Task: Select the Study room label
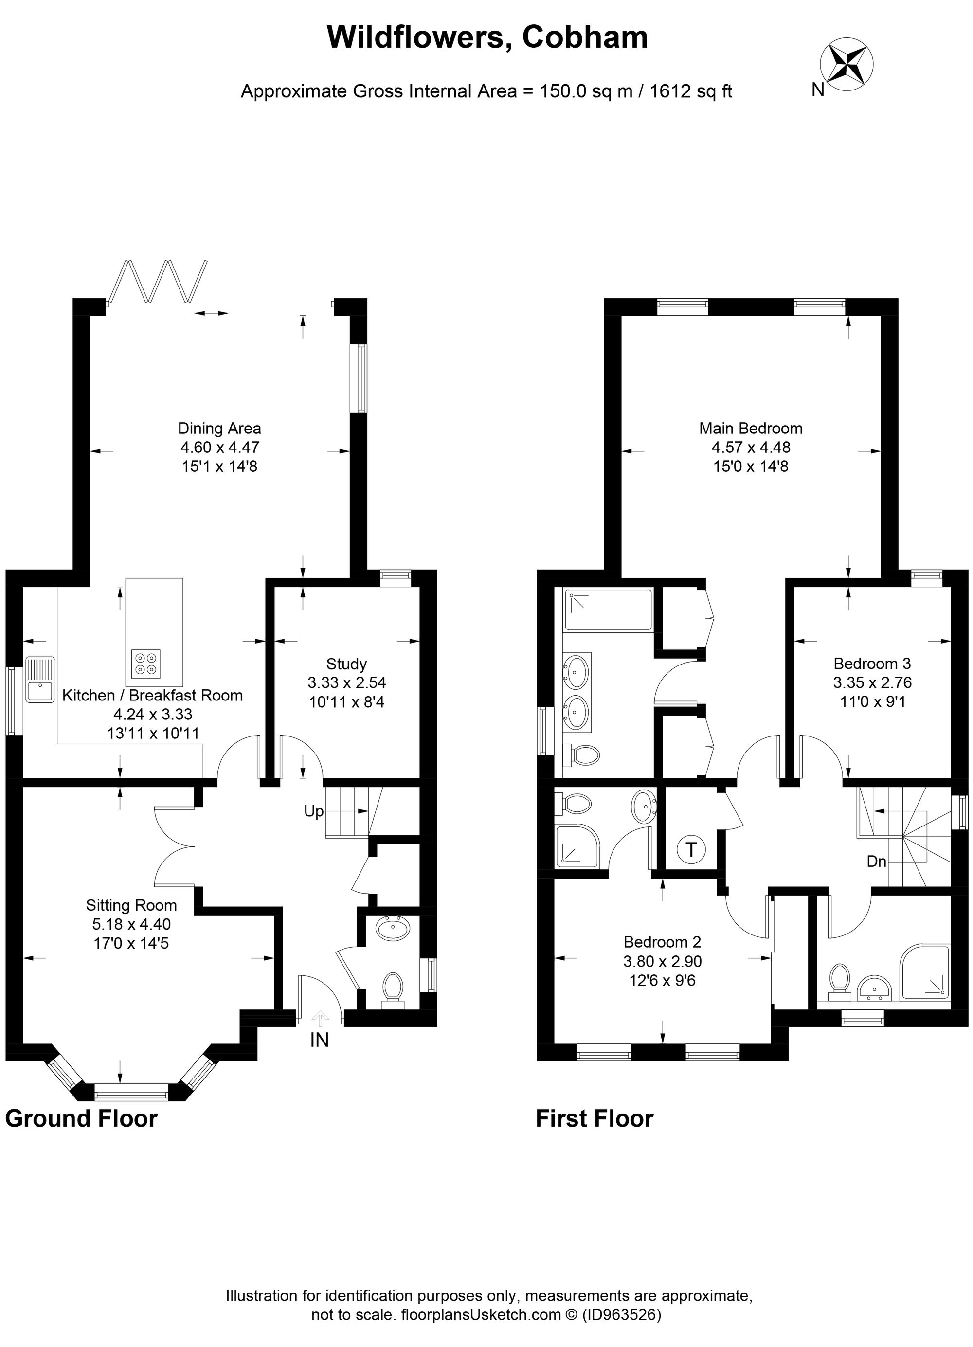click(x=346, y=664)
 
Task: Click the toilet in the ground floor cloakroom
click(x=393, y=988)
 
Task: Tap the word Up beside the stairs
click(x=314, y=811)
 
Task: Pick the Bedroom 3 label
click(x=871, y=664)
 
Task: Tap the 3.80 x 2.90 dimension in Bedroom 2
click(x=662, y=961)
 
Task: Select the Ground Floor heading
click(x=81, y=1118)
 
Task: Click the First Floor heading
click(x=594, y=1118)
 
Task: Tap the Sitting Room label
click(x=131, y=905)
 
